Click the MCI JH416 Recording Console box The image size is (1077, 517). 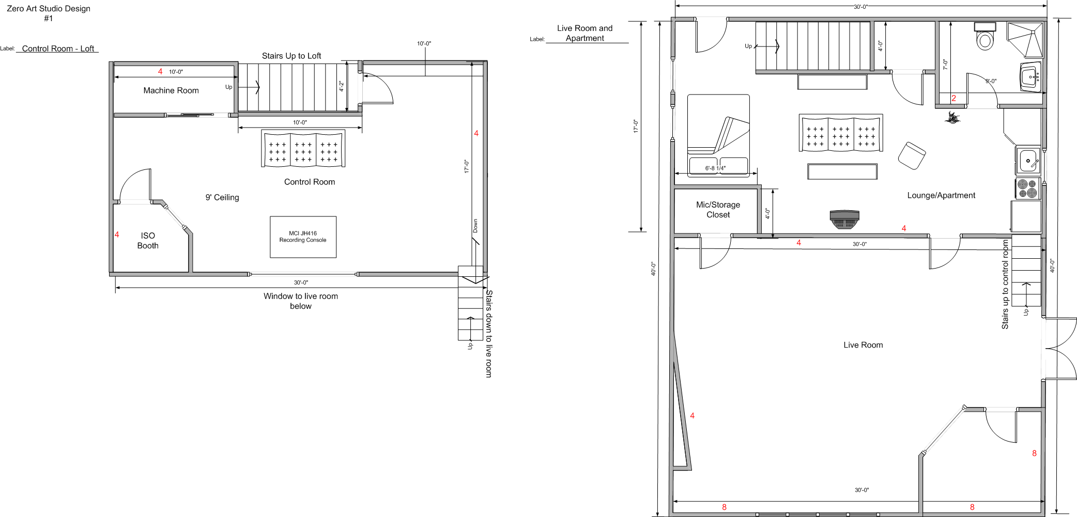303,237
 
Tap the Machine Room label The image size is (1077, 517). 171,90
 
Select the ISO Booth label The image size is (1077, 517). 148,241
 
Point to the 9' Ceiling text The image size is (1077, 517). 222,197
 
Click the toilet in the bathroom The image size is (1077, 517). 985,36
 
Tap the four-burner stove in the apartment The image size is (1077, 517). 1027,189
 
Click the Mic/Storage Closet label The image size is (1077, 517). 718,210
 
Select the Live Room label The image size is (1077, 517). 863,345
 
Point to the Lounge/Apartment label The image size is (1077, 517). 941,195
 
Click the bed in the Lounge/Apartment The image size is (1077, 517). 718,135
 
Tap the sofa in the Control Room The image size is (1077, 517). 303,149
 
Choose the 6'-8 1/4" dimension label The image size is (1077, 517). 715,168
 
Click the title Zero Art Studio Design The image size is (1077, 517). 49,9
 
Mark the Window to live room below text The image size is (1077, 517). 301,301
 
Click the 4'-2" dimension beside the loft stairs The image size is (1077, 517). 341,86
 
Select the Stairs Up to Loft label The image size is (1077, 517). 291,56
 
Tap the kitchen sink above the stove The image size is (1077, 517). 1028,161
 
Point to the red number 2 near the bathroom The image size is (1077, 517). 953,98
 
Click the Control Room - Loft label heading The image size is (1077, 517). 58,49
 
